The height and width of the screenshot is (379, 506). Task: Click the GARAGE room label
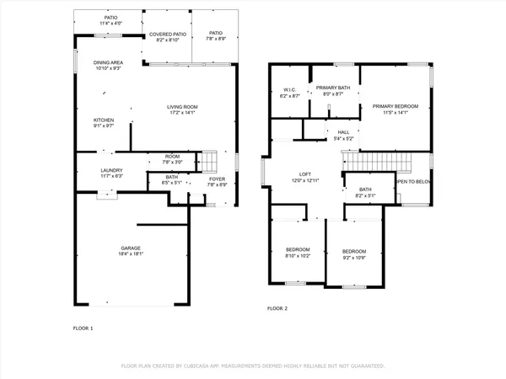(x=130, y=248)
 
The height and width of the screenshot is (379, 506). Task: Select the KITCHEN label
(x=104, y=120)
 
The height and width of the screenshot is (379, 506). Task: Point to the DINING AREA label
(x=109, y=62)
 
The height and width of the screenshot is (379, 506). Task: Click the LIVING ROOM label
(x=182, y=106)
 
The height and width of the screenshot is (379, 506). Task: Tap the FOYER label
(x=217, y=179)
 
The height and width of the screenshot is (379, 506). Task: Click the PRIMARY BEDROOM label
(x=401, y=105)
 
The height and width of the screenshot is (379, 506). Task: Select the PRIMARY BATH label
(x=333, y=88)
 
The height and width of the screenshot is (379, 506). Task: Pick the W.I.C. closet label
(x=288, y=90)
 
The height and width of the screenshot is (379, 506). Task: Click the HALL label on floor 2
(x=343, y=132)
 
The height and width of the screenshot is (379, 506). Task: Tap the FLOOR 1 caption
(x=83, y=327)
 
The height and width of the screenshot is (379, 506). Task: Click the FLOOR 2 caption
(x=277, y=309)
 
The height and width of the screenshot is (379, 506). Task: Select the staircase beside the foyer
(x=208, y=160)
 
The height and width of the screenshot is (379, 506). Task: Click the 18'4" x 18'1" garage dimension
(x=130, y=254)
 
